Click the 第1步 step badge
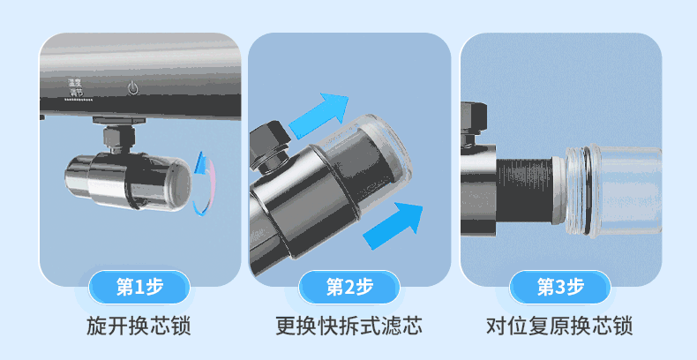point(139,287)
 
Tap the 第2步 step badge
point(349,287)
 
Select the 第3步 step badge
point(559,287)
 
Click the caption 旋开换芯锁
point(139,326)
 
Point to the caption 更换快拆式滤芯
point(349,326)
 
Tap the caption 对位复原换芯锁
point(559,326)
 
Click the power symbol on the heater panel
point(133,88)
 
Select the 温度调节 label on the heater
point(75,87)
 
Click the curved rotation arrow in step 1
point(205,184)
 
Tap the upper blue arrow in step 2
point(319,115)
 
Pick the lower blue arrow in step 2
point(393,225)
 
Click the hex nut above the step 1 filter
point(119,137)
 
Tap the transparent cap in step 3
point(613,190)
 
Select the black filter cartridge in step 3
point(525,191)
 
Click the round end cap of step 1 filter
point(178,184)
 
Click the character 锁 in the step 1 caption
point(182,326)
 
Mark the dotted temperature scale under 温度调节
point(74,100)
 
